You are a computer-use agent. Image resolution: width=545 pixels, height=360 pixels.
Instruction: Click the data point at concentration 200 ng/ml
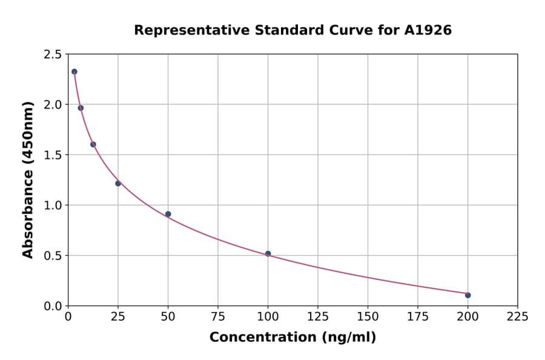point(467,295)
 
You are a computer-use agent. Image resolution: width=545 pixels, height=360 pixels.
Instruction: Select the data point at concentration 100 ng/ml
point(268,254)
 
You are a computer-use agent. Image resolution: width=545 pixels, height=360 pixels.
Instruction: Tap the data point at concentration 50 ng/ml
point(168,214)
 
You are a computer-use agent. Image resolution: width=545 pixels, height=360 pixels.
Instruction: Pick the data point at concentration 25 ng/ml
point(118,183)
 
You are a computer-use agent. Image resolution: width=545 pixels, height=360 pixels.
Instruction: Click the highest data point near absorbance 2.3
point(74,72)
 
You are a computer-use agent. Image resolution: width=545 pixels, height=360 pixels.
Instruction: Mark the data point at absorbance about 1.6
point(93,144)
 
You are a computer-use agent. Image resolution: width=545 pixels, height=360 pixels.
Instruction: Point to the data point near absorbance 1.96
point(81,108)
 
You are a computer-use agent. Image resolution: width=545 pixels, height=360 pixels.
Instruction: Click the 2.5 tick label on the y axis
point(53,55)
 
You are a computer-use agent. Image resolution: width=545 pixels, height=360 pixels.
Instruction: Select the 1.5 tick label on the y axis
point(53,155)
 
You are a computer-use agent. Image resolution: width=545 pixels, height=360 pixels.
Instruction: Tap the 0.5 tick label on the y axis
point(53,256)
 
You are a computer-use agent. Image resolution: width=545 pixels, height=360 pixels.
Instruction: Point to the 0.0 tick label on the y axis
point(53,306)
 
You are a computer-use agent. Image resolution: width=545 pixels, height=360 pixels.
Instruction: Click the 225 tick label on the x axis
point(517,316)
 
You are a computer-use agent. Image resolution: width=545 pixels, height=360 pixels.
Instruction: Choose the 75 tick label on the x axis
point(218,316)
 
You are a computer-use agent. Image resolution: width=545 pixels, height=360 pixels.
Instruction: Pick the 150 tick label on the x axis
point(368,316)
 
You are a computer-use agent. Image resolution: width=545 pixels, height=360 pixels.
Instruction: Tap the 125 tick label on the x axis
point(318,316)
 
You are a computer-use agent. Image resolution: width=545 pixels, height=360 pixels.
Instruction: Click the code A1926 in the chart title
point(428,30)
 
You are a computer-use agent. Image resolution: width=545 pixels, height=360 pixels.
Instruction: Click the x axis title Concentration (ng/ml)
point(292,338)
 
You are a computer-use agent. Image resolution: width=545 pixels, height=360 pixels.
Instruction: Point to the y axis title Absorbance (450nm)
point(28,180)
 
